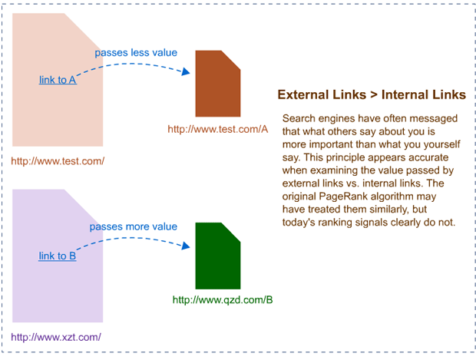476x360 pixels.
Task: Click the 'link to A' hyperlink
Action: click(x=58, y=79)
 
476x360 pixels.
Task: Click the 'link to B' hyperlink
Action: click(x=58, y=256)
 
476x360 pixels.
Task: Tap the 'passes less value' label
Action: click(x=136, y=53)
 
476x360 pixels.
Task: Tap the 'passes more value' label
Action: click(x=134, y=226)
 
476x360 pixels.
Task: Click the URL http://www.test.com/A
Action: click(x=218, y=129)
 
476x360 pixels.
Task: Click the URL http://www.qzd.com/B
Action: click(x=223, y=300)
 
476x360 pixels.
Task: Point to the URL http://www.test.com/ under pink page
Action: click(x=58, y=160)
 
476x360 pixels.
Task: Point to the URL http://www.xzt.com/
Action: click(x=56, y=336)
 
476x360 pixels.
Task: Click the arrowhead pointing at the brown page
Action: click(x=185, y=73)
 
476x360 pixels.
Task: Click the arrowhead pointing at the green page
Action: click(x=185, y=246)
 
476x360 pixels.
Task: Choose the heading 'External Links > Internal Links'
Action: click(x=371, y=95)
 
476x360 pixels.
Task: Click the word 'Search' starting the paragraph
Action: click(x=299, y=118)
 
